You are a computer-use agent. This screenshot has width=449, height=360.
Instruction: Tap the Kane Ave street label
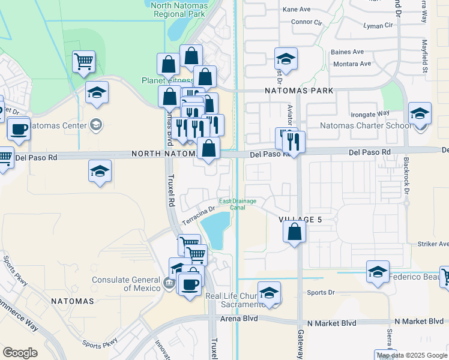[297, 10]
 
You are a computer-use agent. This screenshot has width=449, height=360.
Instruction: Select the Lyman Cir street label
[378, 26]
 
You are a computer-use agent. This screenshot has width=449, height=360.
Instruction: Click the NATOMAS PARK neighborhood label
[298, 91]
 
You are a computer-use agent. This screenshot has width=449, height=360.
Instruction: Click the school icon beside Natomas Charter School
[420, 113]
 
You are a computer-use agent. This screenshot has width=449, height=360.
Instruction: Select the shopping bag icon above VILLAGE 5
[294, 232]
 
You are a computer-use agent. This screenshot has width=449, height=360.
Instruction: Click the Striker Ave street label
[434, 244]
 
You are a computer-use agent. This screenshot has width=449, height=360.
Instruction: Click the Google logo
[20, 353]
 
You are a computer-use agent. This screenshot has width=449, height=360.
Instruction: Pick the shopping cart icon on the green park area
[83, 61]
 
